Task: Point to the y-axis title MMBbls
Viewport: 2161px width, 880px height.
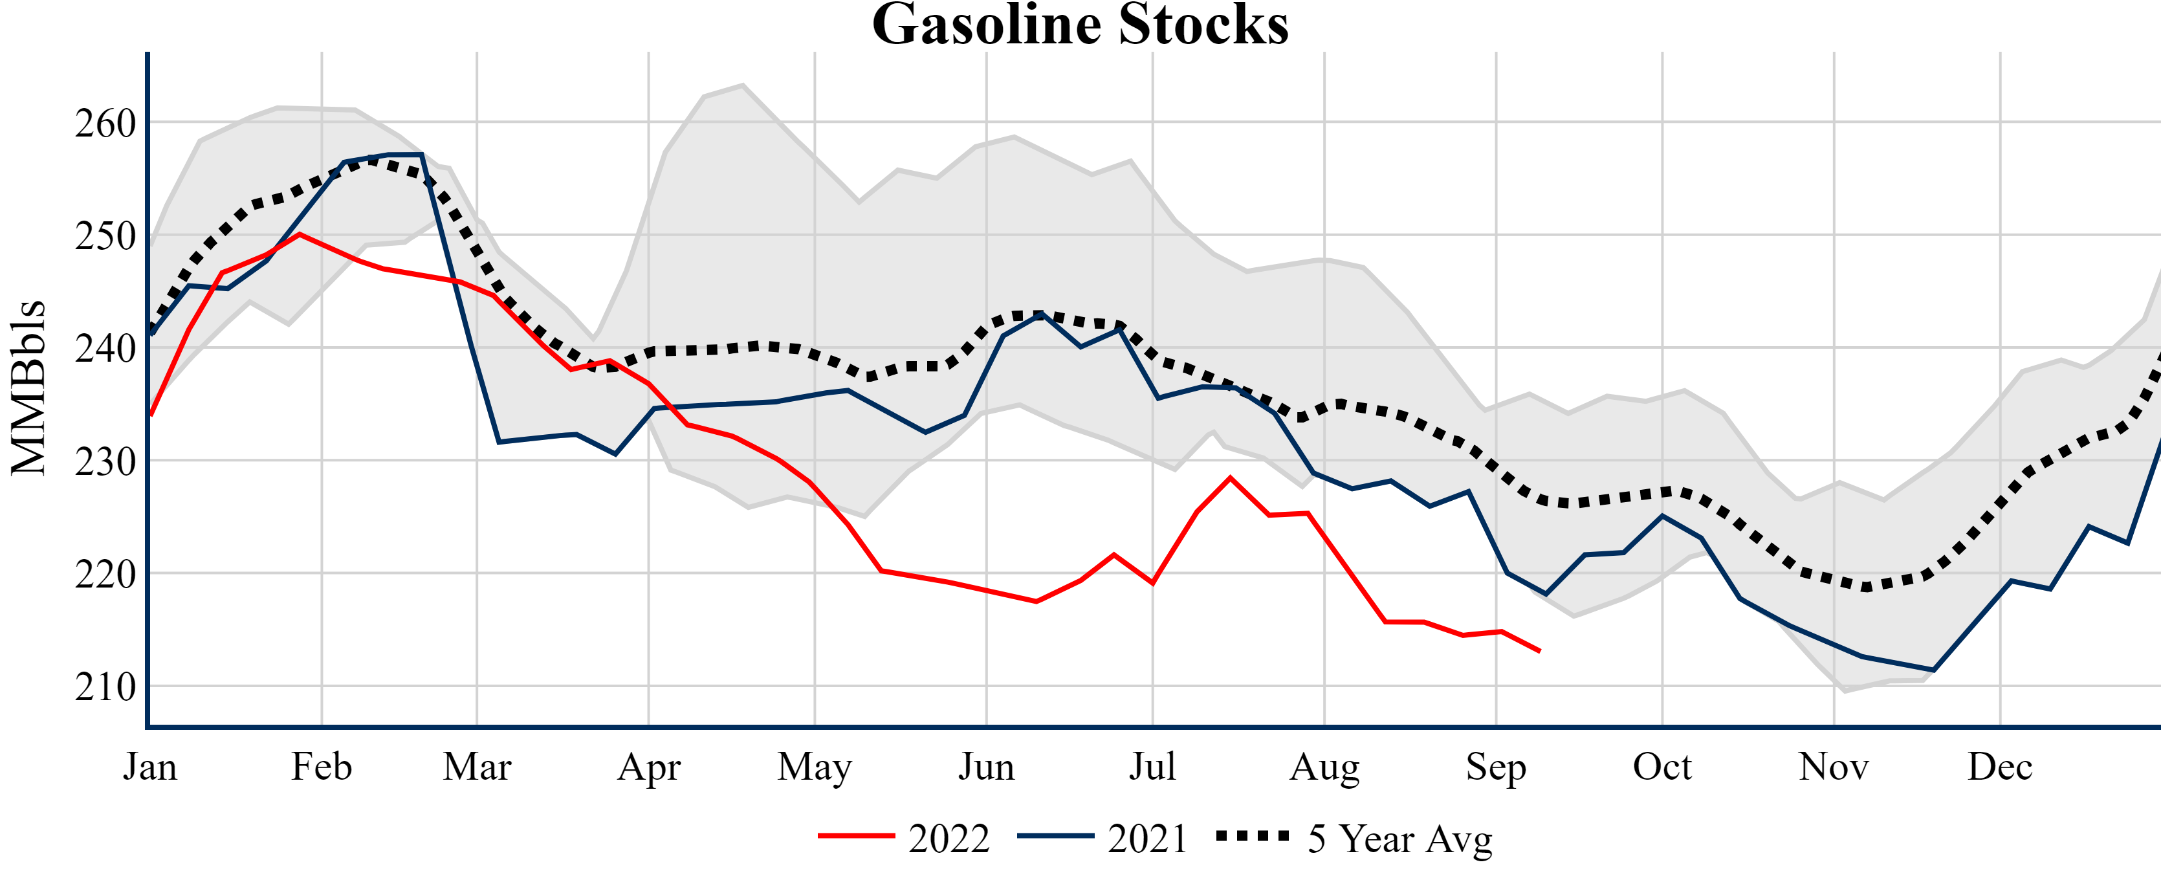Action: pos(28,388)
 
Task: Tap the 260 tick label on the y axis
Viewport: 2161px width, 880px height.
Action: pos(105,124)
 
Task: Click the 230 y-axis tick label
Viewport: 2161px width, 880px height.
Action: pos(105,461)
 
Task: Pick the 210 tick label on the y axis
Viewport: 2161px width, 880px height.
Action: pos(105,687)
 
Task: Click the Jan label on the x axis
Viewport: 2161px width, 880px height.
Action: pos(149,766)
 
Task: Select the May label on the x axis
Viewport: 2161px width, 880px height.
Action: pos(814,766)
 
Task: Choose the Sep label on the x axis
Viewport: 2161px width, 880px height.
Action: pos(1495,766)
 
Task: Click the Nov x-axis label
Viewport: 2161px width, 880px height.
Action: pos(1833,766)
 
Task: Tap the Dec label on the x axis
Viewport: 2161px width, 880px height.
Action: pos(1999,766)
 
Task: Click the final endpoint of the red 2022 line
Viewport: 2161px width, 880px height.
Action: pos(1539,651)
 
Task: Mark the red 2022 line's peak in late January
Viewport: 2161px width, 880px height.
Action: pos(300,234)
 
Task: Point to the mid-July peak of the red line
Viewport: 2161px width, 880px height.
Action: pos(1230,478)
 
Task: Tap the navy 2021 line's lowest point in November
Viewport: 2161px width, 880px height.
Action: pos(1933,670)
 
